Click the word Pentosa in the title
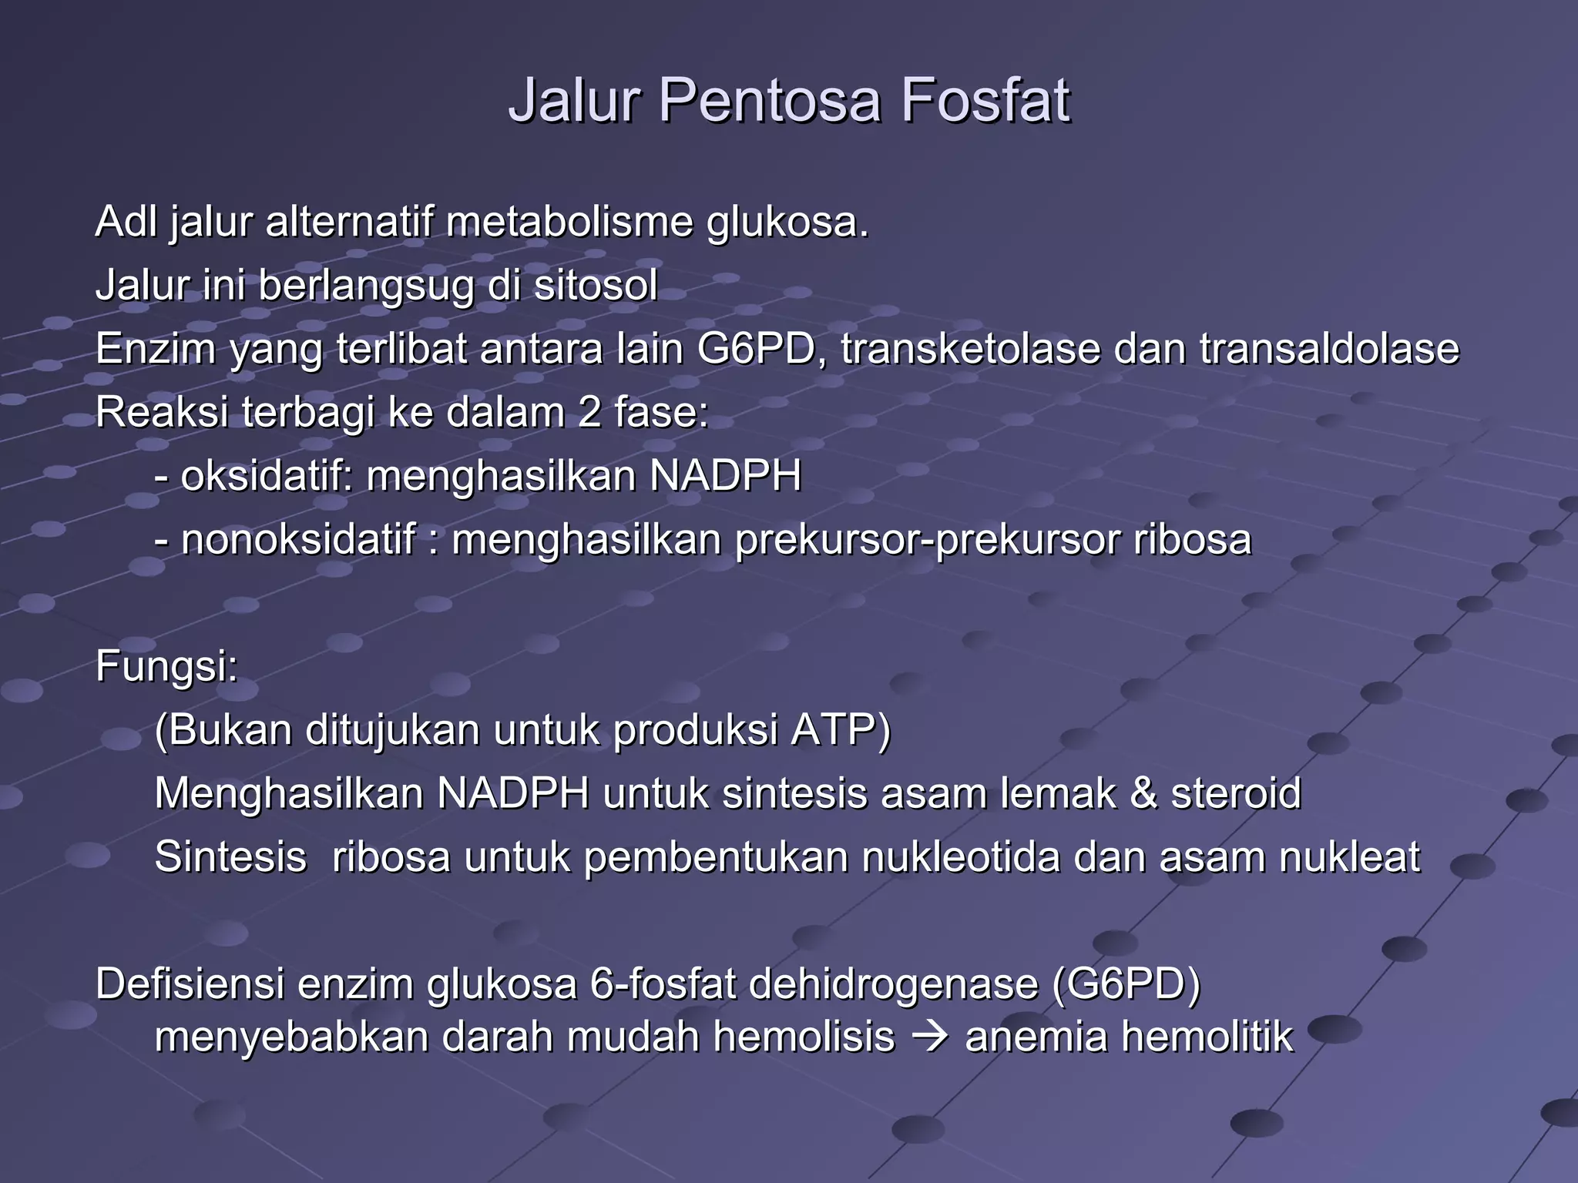(768, 101)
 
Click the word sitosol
(596, 286)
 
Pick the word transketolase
(970, 349)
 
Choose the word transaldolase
(1329, 349)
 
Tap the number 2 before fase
(589, 413)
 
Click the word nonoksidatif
(298, 539)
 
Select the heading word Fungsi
(165, 666)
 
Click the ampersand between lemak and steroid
(1143, 793)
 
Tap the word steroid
(1236, 793)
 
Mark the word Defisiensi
(190, 984)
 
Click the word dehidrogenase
(893, 984)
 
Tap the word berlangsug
(364, 287)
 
